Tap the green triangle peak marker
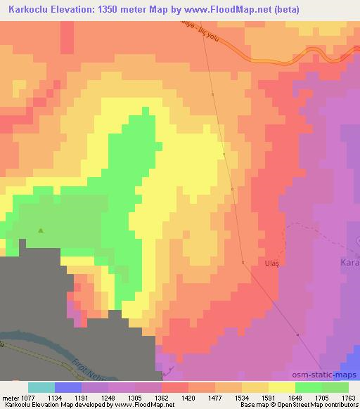[41, 230]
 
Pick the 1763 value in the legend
[349, 397]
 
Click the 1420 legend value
[188, 397]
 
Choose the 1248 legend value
[108, 397]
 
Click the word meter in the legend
[9, 397]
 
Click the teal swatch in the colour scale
[41, 387]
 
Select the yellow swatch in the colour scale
[282, 387]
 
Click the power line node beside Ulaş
[243, 262]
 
